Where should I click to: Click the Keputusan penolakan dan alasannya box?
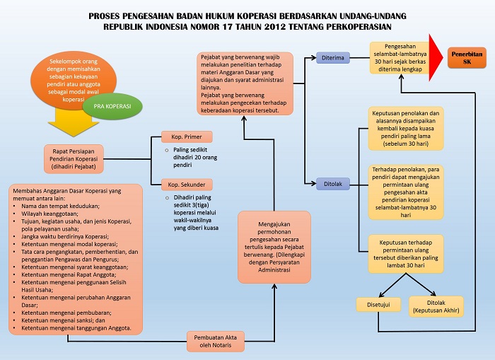(405, 129)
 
